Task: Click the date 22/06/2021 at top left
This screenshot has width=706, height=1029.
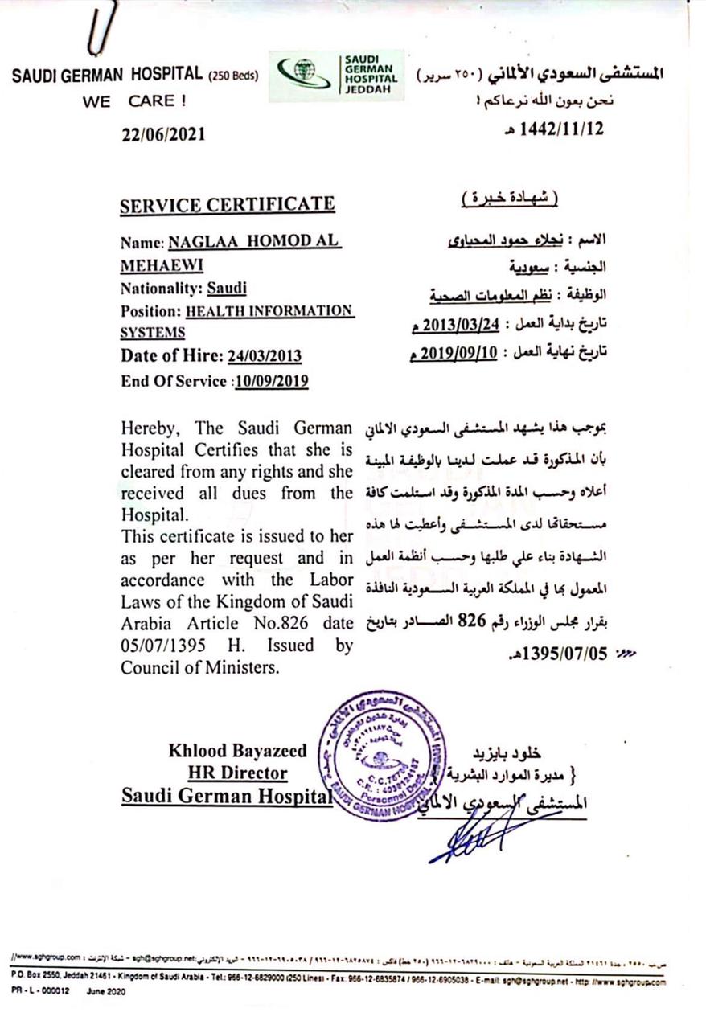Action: (x=163, y=133)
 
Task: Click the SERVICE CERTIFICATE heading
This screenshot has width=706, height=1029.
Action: (x=227, y=205)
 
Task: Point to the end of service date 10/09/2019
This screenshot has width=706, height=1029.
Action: (x=272, y=381)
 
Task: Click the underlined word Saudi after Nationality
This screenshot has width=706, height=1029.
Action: (x=227, y=288)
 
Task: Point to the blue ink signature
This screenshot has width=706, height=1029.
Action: (x=474, y=836)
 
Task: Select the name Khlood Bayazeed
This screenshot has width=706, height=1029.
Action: (x=237, y=751)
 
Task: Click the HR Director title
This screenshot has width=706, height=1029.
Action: (x=237, y=773)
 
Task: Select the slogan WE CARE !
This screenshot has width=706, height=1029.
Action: (x=133, y=102)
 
